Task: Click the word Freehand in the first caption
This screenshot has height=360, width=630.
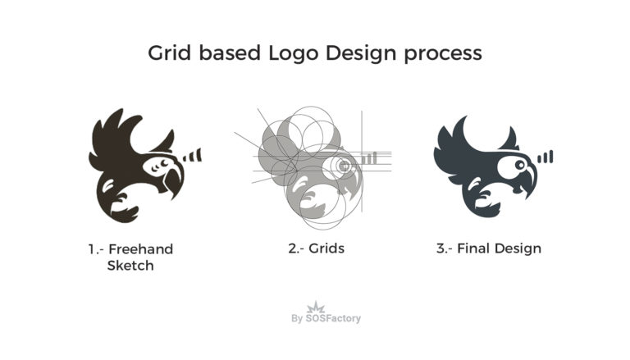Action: click(x=141, y=249)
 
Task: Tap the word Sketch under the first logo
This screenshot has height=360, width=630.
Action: click(x=130, y=266)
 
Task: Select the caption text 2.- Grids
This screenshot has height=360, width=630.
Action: click(x=316, y=248)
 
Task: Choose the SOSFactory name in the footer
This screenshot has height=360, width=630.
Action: click(x=333, y=318)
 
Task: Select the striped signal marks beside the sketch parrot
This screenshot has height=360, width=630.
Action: click(x=192, y=155)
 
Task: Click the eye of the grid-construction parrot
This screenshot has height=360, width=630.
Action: click(x=345, y=166)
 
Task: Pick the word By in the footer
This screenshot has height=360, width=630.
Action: click(x=297, y=318)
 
